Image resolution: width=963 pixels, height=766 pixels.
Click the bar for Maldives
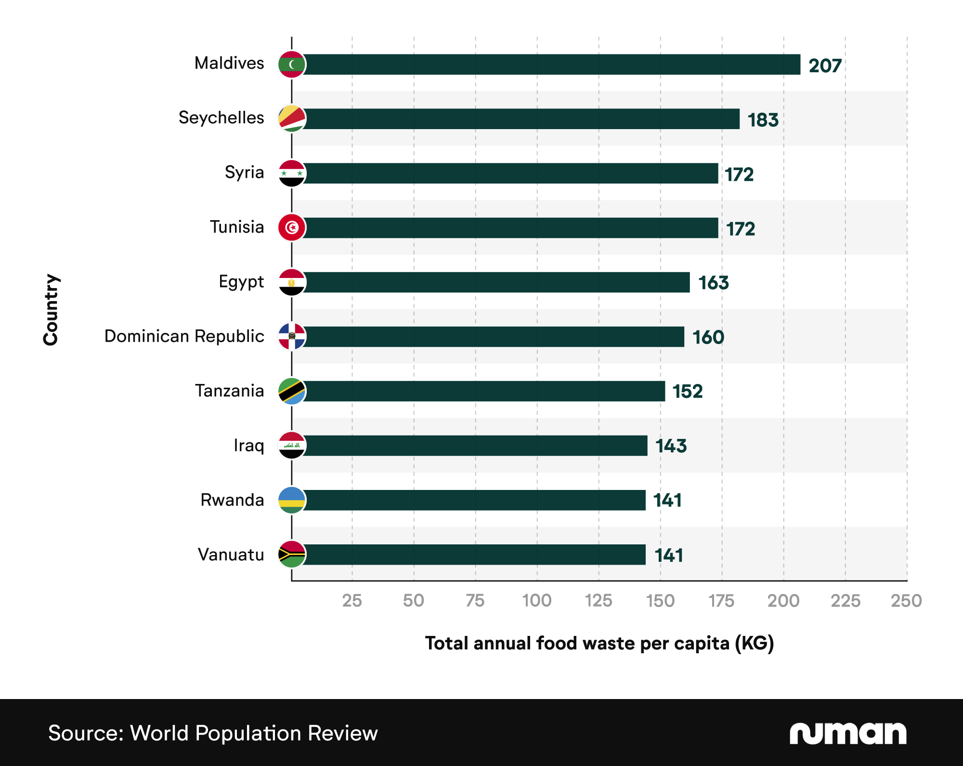point(549,65)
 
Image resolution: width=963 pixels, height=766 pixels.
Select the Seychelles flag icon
point(292,119)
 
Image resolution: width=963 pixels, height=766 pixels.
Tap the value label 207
point(825,66)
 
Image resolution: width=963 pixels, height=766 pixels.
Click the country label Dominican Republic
point(184,336)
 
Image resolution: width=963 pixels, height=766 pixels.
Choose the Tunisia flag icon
point(292,227)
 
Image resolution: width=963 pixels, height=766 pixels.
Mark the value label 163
point(713,283)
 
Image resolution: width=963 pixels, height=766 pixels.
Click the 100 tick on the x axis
point(537,601)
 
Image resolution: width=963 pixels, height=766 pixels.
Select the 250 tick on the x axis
point(906,601)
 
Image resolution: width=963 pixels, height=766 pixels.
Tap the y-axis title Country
point(51,309)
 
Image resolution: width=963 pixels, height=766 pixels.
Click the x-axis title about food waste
point(599,644)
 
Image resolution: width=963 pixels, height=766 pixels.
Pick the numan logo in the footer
point(847,733)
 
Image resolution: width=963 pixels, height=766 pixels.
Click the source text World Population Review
point(213,733)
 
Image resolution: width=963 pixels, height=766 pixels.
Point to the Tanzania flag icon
point(292,391)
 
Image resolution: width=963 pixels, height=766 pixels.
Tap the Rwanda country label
point(232,500)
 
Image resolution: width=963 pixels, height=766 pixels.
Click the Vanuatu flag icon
point(292,555)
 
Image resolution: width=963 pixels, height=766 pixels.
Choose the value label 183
point(763,120)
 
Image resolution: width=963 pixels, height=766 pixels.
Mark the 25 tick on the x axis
point(352,601)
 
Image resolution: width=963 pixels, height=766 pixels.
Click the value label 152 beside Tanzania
point(687,392)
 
